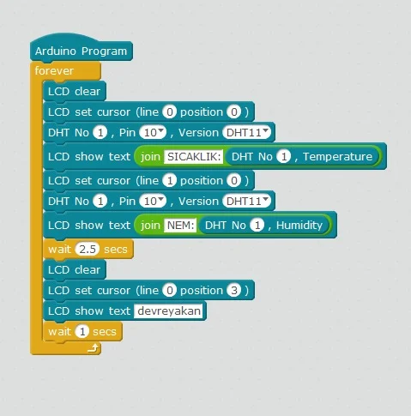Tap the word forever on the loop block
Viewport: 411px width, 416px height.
pos(54,70)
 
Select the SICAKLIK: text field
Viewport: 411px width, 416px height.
pos(194,156)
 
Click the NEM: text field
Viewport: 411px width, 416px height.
pos(180,225)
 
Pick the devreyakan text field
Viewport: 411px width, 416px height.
pos(169,310)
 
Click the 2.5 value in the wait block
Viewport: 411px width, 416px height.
pos(88,249)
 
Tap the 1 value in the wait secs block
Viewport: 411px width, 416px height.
pos(82,331)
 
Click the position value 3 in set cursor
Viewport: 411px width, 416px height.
pos(234,290)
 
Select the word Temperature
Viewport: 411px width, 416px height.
pos(338,156)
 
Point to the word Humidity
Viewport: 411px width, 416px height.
pos(299,226)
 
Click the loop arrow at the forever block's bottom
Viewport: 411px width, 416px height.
pos(94,348)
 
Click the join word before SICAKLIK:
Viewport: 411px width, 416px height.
pos(150,157)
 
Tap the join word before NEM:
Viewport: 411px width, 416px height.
pos(150,226)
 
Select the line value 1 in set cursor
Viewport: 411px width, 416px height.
pos(170,180)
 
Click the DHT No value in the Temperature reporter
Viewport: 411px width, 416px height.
pos(284,156)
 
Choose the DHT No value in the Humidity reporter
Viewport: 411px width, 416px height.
pos(257,225)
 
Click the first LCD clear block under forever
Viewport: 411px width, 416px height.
pos(75,91)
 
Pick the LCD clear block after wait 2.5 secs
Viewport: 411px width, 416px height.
pos(75,269)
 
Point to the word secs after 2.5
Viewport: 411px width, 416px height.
pos(116,250)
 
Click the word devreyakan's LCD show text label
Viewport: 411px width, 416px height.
pos(89,310)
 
